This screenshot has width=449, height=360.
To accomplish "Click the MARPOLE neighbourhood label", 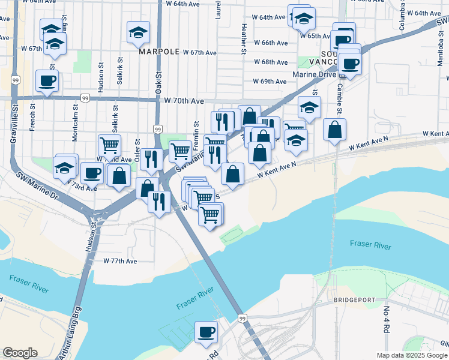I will tap(159, 52).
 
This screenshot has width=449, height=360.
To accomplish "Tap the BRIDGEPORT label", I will tap(354, 299).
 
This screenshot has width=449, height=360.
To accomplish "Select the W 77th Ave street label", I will tap(120, 261).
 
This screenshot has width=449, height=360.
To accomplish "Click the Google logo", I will tap(20, 353).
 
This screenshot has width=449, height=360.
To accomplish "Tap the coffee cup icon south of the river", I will tap(207, 332).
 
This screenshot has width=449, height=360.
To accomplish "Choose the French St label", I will tap(32, 116).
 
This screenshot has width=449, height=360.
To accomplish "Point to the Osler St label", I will tap(137, 151).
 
